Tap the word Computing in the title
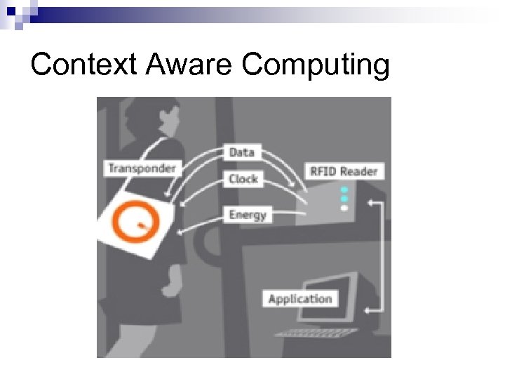(x=315, y=65)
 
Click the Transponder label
(x=141, y=168)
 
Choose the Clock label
(x=243, y=179)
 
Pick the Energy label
(x=247, y=214)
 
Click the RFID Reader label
(x=342, y=171)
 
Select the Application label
(x=300, y=298)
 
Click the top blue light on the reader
(x=344, y=190)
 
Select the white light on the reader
(x=344, y=208)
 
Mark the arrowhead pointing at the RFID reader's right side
(x=370, y=204)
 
